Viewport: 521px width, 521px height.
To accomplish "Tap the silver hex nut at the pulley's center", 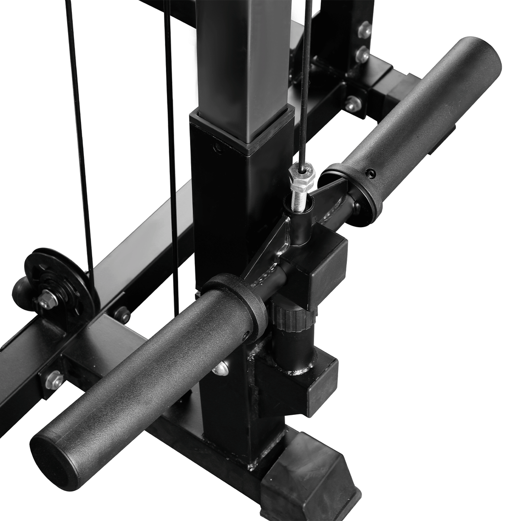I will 48,300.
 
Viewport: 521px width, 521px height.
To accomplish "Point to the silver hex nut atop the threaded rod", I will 302,177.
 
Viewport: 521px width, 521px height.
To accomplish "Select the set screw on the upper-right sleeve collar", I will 370,173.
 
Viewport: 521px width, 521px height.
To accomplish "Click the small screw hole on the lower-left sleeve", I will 246,334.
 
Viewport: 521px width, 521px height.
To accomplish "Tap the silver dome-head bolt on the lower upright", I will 219,369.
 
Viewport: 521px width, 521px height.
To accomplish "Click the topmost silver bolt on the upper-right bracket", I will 365,30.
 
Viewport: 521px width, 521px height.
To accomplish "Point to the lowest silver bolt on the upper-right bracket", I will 354,104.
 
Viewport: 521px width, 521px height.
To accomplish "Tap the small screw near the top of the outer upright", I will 218,147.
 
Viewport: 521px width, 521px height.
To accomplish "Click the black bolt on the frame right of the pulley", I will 123,315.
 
